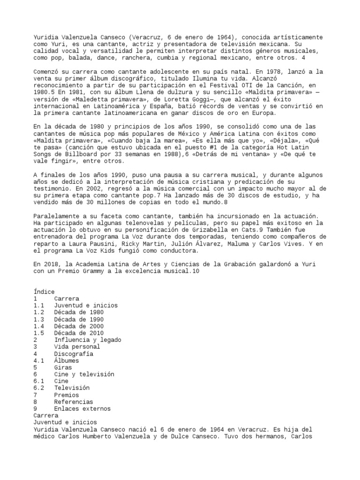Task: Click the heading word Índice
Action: click(44, 292)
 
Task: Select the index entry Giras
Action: click(63, 368)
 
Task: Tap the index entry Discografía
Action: click(73, 354)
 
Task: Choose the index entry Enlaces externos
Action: click(82, 409)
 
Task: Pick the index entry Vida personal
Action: click(76, 347)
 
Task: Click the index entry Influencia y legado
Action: click(87, 340)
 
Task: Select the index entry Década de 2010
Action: click(78, 333)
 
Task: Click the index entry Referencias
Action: click(73, 402)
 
